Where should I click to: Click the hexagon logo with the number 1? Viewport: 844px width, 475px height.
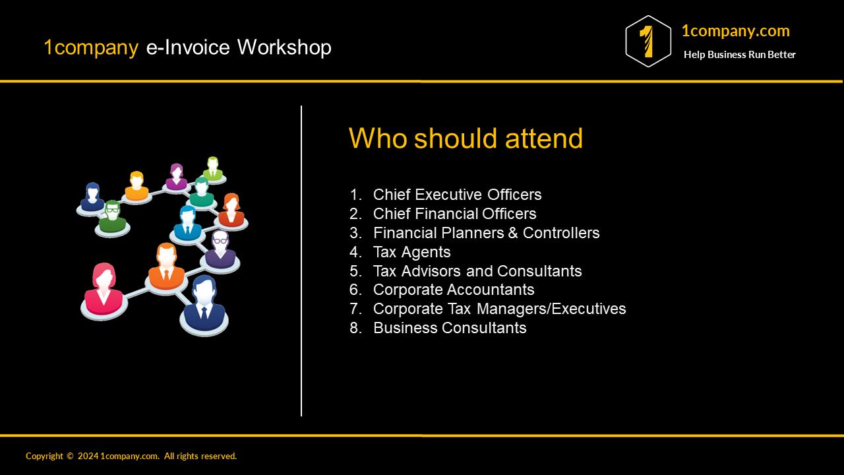(x=648, y=41)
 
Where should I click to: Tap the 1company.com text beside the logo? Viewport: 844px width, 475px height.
(x=735, y=31)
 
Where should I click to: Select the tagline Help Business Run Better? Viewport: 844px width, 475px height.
(x=739, y=55)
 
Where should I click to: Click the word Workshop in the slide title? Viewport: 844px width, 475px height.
(x=284, y=47)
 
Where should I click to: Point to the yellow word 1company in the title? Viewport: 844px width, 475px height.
(x=91, y=47)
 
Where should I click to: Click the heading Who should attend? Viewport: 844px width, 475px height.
(x=466, y=139)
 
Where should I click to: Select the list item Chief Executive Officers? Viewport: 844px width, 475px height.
(x=457, y=195)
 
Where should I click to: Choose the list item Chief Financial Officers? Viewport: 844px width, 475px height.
(x=454, y=214)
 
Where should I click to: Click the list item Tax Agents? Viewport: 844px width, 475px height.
(x=411, y=252)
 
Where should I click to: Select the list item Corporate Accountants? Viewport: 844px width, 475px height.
(x=454, y=290)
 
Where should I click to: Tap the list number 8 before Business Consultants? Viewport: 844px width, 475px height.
(x=355, y=328)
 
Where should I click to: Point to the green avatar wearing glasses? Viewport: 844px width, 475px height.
(x=112, y=217)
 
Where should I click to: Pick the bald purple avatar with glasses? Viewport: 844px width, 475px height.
(x=220, y=249)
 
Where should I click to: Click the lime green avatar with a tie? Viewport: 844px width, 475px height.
(x=212, y=169)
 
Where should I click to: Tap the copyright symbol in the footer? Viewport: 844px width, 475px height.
(x=70, y=456)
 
